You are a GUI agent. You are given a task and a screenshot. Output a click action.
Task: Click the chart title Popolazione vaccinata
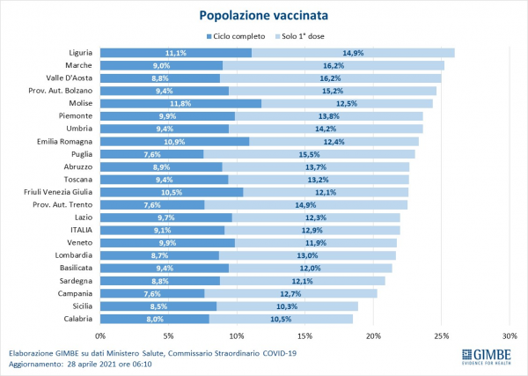(x=264, y=15)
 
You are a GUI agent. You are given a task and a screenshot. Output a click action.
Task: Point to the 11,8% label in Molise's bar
(x=180, y=103)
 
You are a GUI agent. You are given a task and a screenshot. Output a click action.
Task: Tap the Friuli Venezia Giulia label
(x=59, y=192)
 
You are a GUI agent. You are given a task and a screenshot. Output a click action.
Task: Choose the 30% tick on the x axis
(x=510, y=335)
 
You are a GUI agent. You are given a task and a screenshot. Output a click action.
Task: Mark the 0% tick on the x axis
(x=100, y=335)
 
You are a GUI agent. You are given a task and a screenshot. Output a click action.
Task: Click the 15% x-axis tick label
(x=304, y=335)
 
